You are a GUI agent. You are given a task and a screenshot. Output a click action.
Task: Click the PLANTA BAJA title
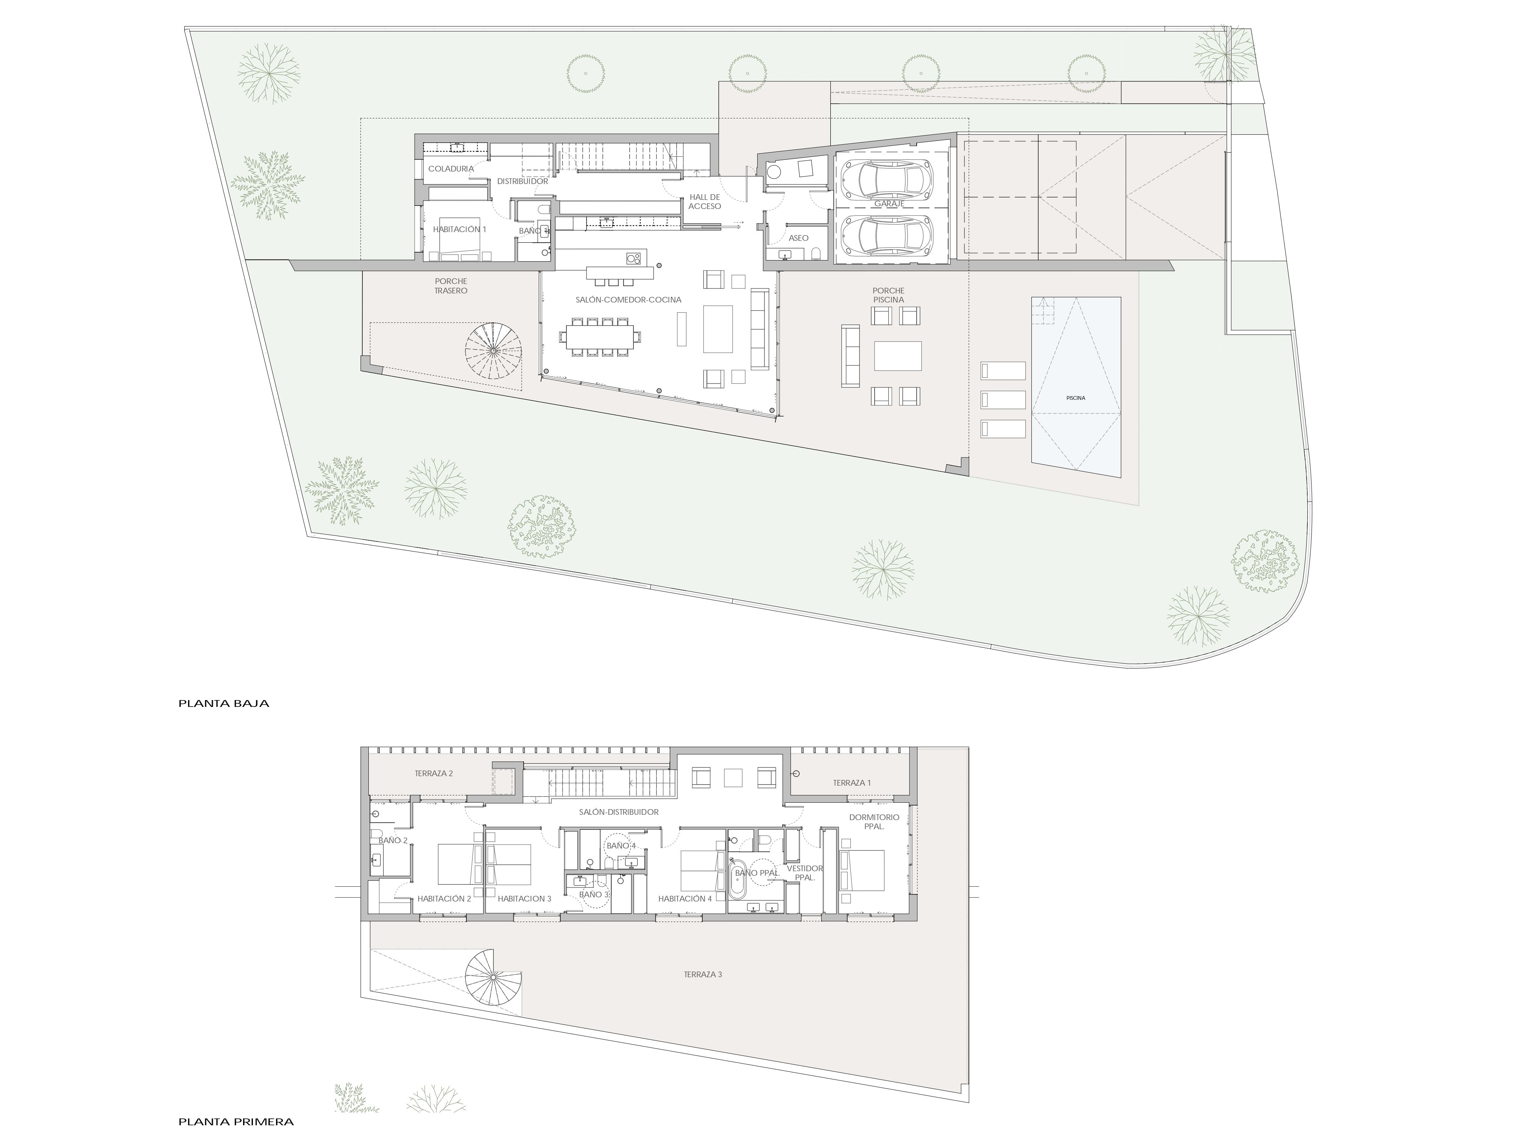click(x=223, y=703)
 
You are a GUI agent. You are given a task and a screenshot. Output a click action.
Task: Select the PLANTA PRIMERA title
click(x=236, y=1122)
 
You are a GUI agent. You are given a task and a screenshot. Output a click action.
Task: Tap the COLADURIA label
click(x=451, y=168)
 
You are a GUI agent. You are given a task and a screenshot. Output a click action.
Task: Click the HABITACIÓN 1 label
click(x=459, y=229)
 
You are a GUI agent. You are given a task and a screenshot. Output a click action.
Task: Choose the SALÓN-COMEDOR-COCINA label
click(x=629, y=299)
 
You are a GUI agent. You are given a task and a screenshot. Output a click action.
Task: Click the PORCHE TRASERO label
click(x=451, y=286)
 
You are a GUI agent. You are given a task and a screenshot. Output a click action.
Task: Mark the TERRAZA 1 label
click(x=852, y=783)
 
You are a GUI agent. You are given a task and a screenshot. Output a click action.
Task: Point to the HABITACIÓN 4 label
click(x=685, y=898)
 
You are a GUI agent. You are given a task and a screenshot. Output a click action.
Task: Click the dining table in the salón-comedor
click(x=600, y=337)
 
